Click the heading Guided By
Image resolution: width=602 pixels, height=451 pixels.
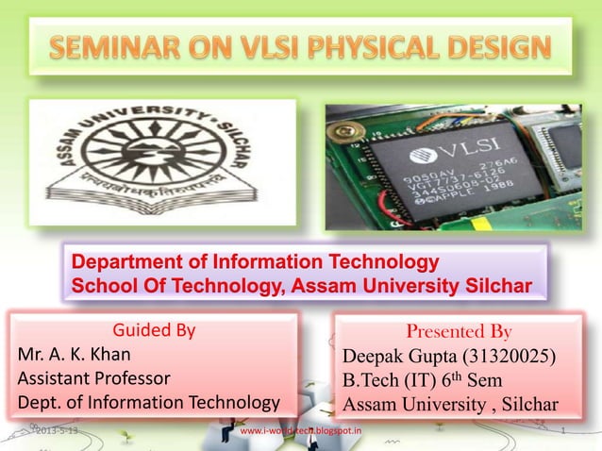click(154, 331)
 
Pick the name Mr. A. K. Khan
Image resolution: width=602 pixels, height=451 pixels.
click(74, 357)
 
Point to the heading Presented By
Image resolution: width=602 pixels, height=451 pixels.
click(459, 333)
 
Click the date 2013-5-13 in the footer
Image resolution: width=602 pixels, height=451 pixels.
click(58, 431)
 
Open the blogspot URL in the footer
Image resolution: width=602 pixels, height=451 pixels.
click(301, 431)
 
